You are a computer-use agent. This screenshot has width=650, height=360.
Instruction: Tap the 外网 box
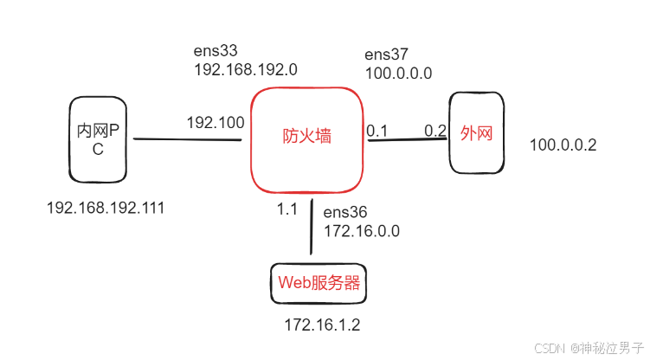pos(476,134)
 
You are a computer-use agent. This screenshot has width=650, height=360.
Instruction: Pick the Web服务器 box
pos(318,283)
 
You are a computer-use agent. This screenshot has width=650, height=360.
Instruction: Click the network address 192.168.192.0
pos(246,69)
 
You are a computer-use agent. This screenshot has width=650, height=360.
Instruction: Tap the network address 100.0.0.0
pos(399,74)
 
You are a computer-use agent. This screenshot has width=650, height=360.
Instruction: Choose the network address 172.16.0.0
pos(361,231)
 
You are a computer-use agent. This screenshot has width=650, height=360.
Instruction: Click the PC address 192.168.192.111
pos(105,208)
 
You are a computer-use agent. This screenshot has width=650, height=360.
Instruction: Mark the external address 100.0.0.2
pos(563,145)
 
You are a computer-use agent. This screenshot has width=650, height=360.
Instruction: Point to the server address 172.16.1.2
pos(322,325)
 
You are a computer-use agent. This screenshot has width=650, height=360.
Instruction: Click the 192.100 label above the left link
pos(215,123)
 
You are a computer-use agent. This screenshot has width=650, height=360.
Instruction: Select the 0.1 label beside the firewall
pos(376,131)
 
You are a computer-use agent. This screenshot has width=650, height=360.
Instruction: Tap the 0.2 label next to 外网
pos(434,131)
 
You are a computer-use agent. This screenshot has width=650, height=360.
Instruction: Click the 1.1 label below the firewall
pos(286,209)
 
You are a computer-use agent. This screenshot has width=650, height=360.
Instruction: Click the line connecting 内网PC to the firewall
pos(186,139)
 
